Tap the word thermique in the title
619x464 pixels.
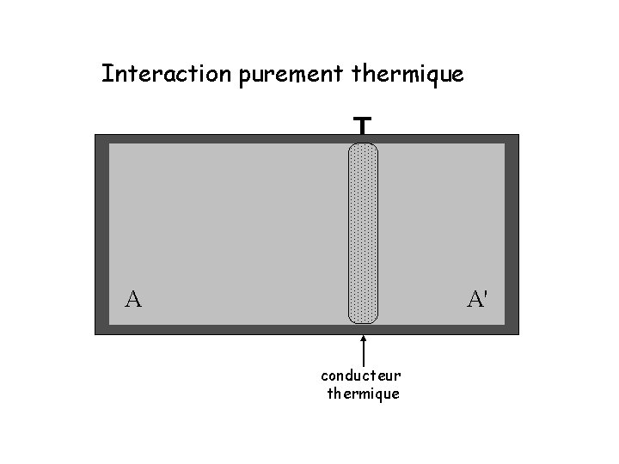tap(408, 76)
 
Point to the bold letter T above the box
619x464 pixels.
tap(363, 127)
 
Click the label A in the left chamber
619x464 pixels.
tap(133, 299)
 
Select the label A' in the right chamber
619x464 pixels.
tap(478, 299)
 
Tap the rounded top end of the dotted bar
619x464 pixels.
tap(363, 149)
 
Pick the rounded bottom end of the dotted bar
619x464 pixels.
tap(363, 317)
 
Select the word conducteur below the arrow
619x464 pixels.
tap(361, 375)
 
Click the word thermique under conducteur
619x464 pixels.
tap(364, 394)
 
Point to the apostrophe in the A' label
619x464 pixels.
tap(487, 293)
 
